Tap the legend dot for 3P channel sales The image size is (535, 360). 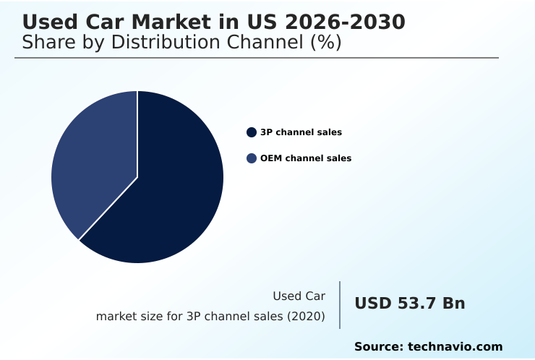pos(252,132)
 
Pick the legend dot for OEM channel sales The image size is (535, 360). pos(252,158)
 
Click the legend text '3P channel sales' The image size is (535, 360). pos(301,132)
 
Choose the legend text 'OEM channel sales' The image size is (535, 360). pos(306,158)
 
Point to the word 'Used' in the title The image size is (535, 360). pos(47,22)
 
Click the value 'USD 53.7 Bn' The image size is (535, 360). pos(409,304)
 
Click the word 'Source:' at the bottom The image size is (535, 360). pos(378,347)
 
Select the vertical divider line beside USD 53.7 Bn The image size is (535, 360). pos(340,305)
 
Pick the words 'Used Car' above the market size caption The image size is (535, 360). pos(299,296)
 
